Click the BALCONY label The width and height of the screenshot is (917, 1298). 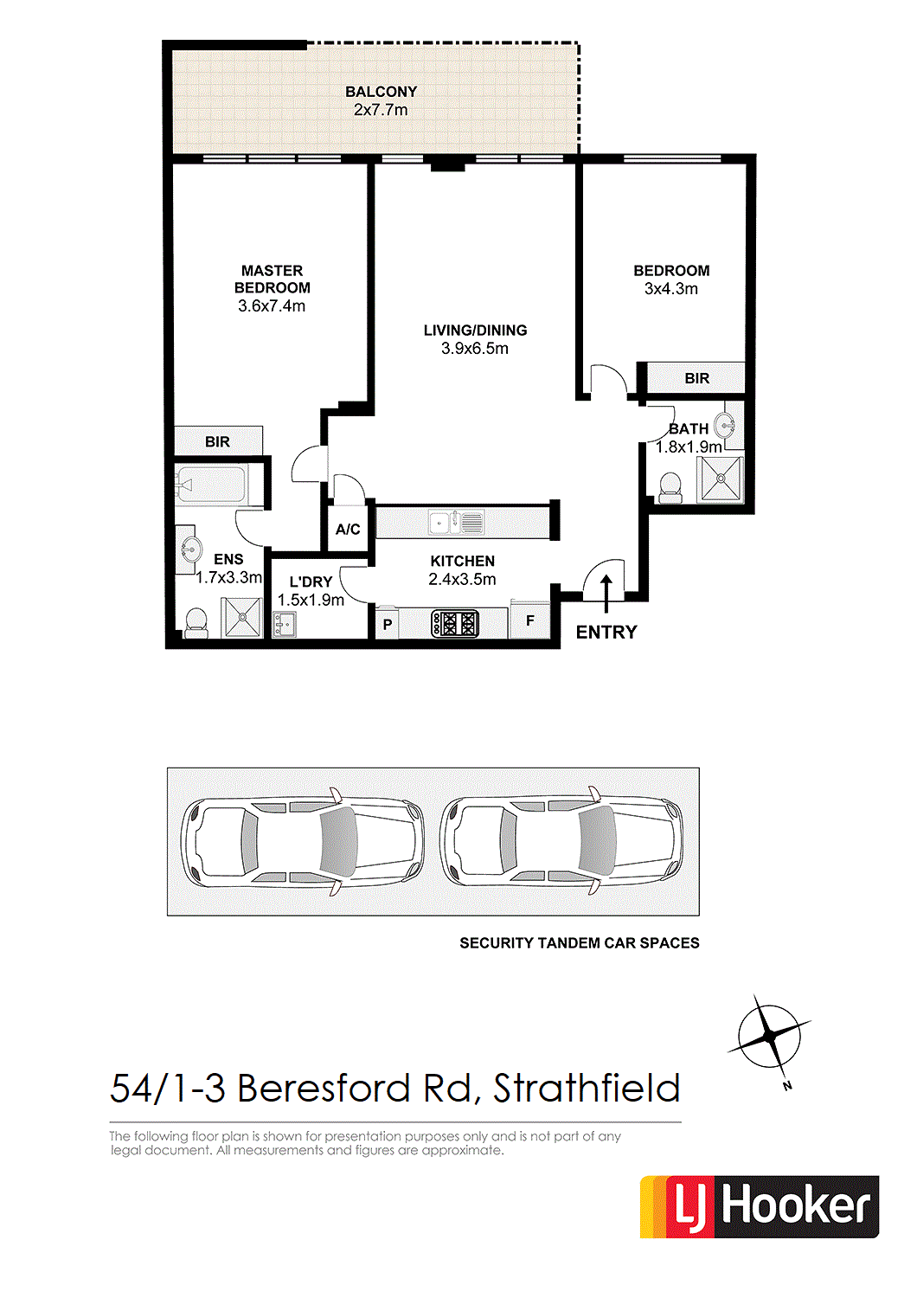pos(382,92)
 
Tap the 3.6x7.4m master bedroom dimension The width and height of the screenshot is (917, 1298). pos(272,306)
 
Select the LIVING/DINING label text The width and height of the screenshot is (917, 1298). pos(475,331)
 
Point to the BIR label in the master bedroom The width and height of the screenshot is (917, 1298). pos(217,442)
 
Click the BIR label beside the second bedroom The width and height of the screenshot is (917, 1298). pos(697,378)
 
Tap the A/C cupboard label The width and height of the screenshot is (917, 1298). pos(348,529)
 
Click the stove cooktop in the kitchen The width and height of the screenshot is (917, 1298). pos(455,624)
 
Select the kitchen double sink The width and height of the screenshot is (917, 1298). pos(456,522)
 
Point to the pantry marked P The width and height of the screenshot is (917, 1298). pos(387,624)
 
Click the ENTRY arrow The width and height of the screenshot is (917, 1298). pos(606,594)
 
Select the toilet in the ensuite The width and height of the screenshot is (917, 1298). pos(196,623)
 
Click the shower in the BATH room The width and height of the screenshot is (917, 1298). pos(720,478)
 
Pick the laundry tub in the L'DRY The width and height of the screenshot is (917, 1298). pos(284,625)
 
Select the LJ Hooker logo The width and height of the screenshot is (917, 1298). pos(760,1207)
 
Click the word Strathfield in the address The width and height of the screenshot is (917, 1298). pos(586,1089)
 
